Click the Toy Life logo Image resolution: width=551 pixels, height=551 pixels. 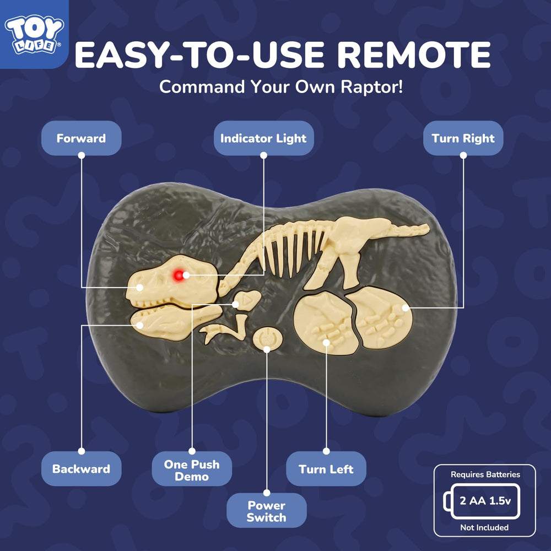34,34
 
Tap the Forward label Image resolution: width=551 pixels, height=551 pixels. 81,138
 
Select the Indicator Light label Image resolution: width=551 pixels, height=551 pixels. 263,138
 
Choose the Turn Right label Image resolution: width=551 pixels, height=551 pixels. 463,138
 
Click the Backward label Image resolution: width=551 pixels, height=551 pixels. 81,469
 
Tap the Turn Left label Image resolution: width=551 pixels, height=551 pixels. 326,469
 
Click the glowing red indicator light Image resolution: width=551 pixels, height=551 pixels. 179,275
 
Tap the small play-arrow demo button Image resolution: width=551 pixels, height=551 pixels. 247,300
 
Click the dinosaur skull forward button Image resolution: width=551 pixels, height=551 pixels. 172,281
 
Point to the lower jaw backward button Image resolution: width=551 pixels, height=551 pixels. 176,322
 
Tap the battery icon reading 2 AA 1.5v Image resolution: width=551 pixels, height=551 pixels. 482,501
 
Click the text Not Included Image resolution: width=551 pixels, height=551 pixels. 484,527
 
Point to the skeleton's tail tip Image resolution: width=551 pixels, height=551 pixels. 428,229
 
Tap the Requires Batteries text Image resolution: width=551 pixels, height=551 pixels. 485,474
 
